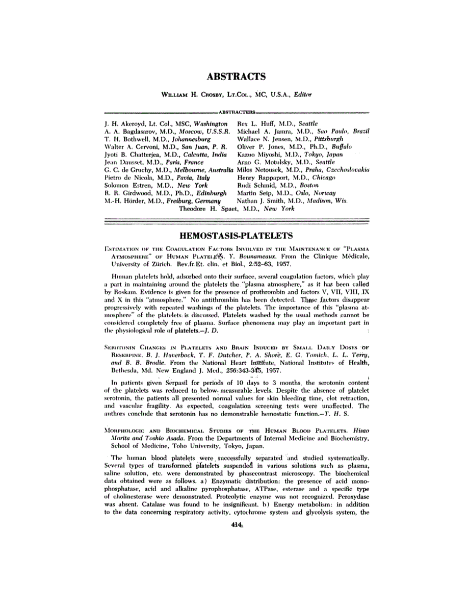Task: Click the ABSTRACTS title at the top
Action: pyautogui.click(x=236, y=77)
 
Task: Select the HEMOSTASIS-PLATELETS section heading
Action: pyautogui.click(x=236, y=236)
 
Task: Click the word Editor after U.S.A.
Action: pyautogui.click(x=301, y=95)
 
